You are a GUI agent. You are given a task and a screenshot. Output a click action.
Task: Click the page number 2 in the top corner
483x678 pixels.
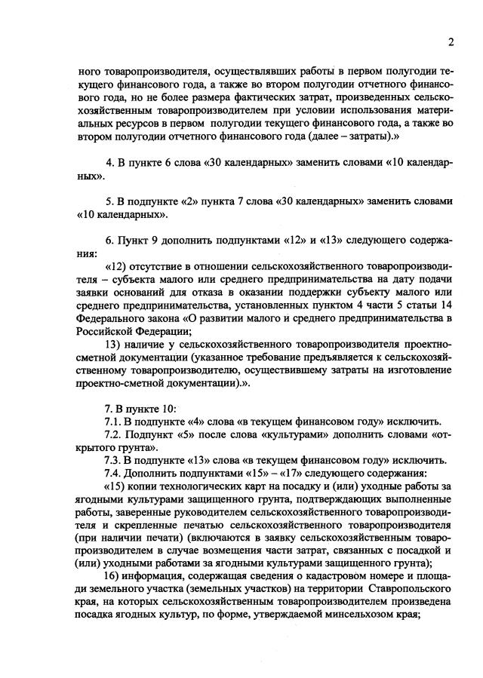click(450, 41)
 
